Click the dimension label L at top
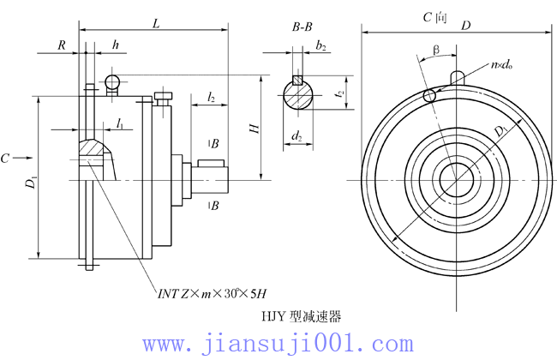[x=155, y=24]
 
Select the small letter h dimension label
[x=115, y=45]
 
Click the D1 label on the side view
[x=32, y=181]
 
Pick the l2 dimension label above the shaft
[x=210, y=97]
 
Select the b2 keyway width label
[x=320, y=45]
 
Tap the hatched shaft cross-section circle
[x=297, y=95]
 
